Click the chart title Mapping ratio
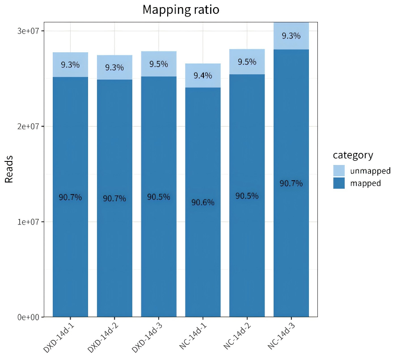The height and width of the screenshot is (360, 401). coord(181,9)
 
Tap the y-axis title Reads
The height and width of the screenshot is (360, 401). coord(9,169)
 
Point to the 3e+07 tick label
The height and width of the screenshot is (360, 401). coord(28,31)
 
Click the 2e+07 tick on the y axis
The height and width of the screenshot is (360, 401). coord(28,127)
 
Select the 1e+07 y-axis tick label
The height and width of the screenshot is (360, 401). coord(28,222)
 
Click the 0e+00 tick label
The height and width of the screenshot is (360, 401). coord(28,317)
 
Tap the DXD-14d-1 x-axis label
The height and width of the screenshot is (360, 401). coord(59,335)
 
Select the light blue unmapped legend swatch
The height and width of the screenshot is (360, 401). coord(339,170)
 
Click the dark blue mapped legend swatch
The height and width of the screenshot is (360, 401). coord(339,183)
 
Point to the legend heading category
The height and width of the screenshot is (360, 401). coord(353,155)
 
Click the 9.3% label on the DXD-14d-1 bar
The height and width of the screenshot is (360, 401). coord(70,65)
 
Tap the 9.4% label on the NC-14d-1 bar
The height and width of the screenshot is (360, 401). coord(203,76)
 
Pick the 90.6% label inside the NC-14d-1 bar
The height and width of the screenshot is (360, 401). coord(203,203)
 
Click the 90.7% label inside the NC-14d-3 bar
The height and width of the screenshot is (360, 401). coord(291,183)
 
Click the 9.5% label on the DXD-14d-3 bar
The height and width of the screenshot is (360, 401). coord(159,64)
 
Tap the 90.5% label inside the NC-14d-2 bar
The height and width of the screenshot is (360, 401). coord(247,196)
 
